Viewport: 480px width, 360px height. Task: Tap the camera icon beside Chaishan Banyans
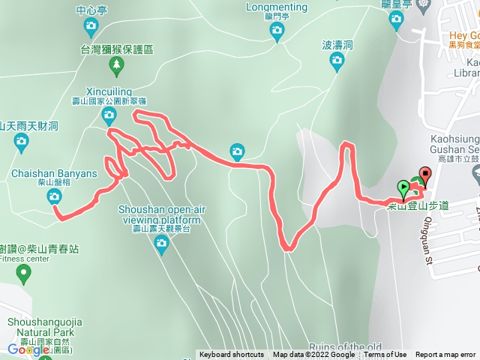click(54, 196)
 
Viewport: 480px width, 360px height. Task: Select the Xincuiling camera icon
click(109, 115)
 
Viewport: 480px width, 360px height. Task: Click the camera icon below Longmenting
click(277, 31)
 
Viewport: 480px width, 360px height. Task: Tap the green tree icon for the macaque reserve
click(116, 66)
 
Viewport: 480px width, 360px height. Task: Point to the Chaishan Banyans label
click(54, 174)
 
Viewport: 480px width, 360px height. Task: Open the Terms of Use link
click(385, 355)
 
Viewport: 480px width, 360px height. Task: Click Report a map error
click(445, 355)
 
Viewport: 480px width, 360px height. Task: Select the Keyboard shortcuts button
click(232, 355)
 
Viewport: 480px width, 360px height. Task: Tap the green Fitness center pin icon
click(24, 275)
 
